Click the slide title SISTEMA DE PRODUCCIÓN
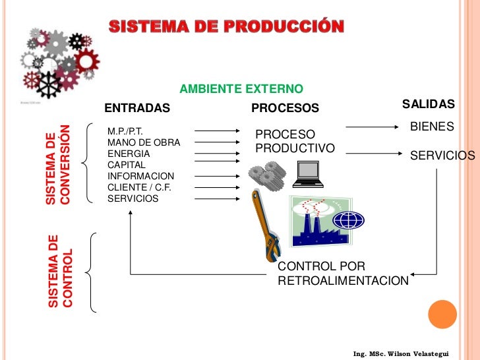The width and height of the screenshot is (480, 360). click(226, 27)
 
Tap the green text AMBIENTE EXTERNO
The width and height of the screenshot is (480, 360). click(241, 88)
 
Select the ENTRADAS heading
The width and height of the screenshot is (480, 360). click(137, 107)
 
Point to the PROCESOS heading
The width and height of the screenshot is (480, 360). click(285, 107)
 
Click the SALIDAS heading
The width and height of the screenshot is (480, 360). click(429, 105)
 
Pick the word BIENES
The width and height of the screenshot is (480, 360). click(432, 126)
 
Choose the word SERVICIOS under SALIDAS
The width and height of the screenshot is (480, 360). click(442, 156)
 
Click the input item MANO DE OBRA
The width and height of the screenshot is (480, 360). click(143, 142)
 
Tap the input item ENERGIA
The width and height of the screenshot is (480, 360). click(129, 154)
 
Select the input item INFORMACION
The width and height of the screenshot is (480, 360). click(140, 176)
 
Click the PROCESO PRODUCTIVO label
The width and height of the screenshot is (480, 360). click(294, 141)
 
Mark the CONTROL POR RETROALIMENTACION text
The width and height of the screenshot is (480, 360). click(343, 274)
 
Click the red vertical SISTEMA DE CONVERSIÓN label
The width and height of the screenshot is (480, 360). click(57, 164)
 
